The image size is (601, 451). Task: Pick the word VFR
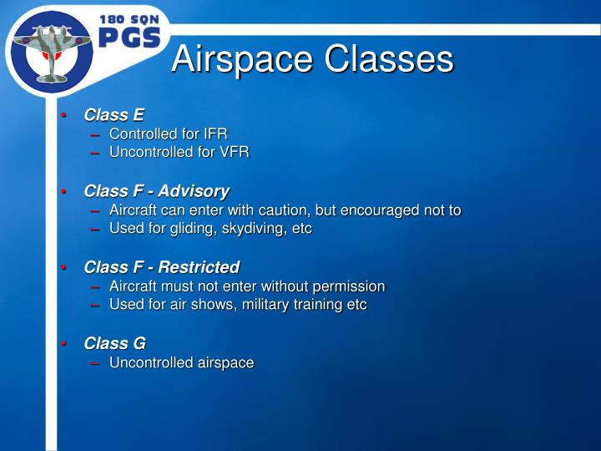point(234,152)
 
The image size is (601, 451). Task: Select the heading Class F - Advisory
point(156,191)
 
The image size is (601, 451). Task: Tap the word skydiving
point(250,228)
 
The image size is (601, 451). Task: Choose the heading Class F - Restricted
point(161,267)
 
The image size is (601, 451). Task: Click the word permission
point(349,286)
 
